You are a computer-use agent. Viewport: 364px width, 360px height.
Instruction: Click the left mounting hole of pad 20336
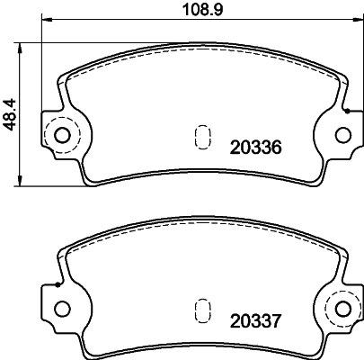(x=62, y=136)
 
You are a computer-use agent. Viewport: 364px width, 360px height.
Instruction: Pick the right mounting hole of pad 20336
(x=342, y=136)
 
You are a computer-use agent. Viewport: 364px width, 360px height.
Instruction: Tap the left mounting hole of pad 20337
(x=62, y=309)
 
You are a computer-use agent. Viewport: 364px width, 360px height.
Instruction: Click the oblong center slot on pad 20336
(x=202, y=137)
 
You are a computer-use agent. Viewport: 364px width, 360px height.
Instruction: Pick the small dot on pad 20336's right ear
(x=347, y=111)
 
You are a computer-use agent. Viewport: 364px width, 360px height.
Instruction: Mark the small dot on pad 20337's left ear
(x=57, y=283)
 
